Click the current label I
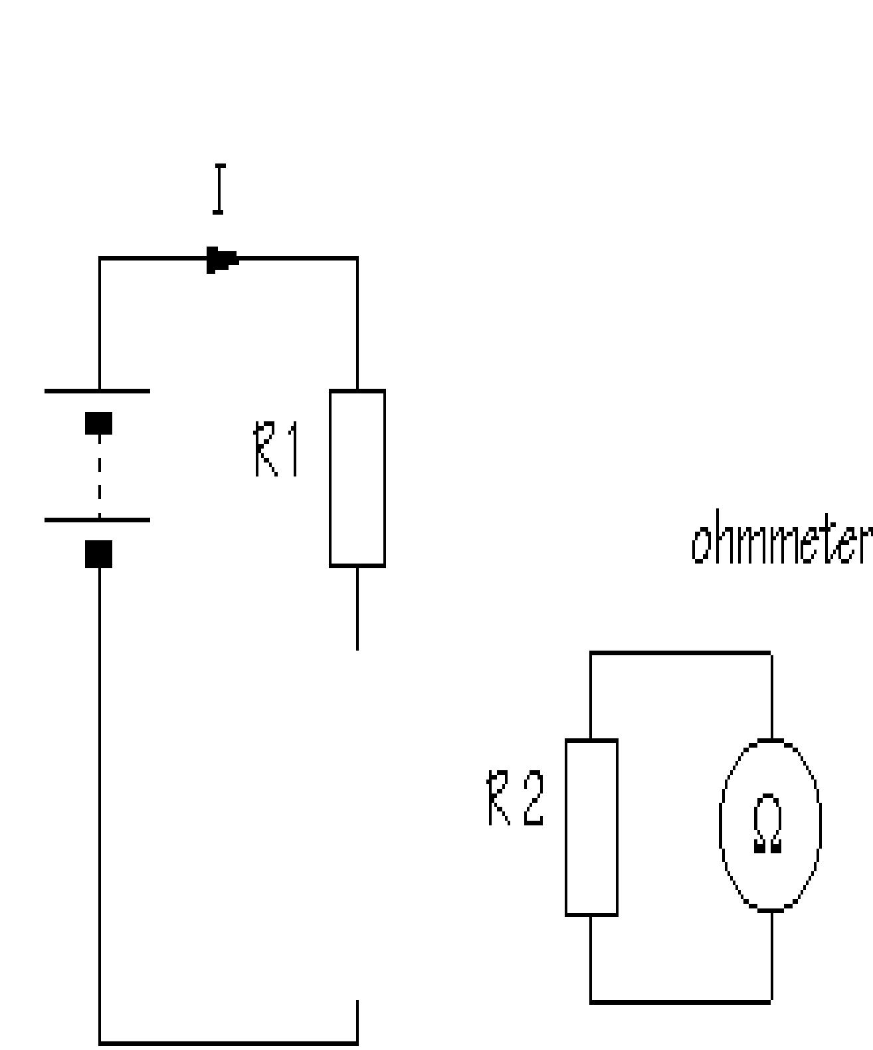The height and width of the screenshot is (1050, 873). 218,190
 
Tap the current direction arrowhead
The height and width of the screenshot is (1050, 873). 222,259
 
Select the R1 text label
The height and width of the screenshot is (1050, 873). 276,452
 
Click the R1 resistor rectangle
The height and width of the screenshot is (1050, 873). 357,478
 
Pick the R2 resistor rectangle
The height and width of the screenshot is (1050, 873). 591,827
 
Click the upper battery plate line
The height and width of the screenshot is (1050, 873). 97,391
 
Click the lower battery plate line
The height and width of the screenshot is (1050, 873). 97,520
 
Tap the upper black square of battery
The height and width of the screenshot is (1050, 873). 99,423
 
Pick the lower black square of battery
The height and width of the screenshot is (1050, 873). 99,554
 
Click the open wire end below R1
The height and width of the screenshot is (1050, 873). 357,647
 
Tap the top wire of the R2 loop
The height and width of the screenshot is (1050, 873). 680,654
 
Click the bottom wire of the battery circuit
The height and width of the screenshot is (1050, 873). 229,1043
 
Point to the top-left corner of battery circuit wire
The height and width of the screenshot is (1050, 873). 100,259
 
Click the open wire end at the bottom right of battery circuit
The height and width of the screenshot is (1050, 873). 357,1002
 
